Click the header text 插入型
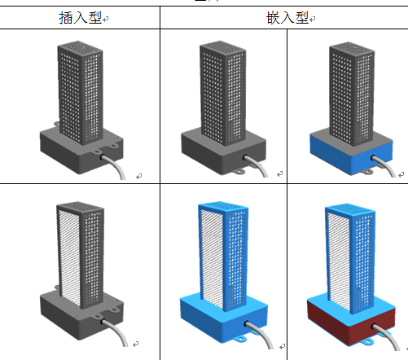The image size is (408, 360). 81,18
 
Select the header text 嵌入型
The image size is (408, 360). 287,18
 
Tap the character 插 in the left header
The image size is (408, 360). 66,18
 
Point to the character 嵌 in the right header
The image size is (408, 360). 273,18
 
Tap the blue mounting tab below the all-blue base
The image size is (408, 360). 240,339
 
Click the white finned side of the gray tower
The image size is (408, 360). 69,255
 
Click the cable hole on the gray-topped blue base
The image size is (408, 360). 374,157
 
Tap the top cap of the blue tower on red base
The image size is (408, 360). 350,209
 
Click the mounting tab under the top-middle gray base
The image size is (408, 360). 239,172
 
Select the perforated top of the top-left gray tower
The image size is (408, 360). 80,47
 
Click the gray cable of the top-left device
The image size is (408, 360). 114,166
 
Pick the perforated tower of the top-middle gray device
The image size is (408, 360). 223,92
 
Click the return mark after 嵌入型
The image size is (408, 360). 313,19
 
